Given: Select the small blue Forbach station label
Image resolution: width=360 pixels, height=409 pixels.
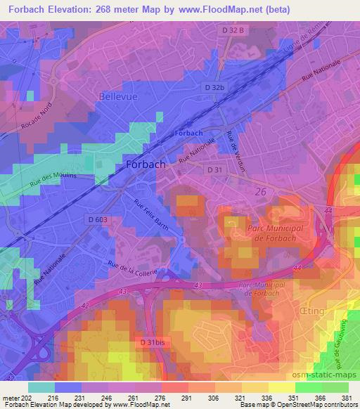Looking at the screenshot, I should (188, 134).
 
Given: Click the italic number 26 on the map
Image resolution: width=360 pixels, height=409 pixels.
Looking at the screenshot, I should (260, 190).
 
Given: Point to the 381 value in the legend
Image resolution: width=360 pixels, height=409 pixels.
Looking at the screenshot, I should (345, 398).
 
